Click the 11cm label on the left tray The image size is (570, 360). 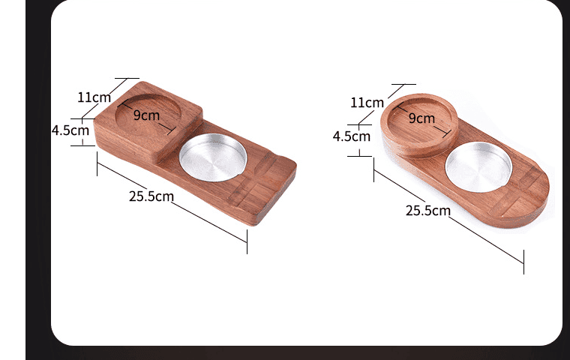94,97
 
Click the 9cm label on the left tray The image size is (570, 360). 147,115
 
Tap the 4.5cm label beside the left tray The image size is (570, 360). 70,130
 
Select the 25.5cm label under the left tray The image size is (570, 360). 151,196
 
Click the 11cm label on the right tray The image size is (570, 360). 367,102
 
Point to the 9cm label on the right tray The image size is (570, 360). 421,118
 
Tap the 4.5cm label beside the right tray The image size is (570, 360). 351,136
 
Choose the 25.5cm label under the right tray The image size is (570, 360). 427,210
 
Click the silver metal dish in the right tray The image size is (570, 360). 478,164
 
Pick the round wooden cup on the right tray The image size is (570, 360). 420,125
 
